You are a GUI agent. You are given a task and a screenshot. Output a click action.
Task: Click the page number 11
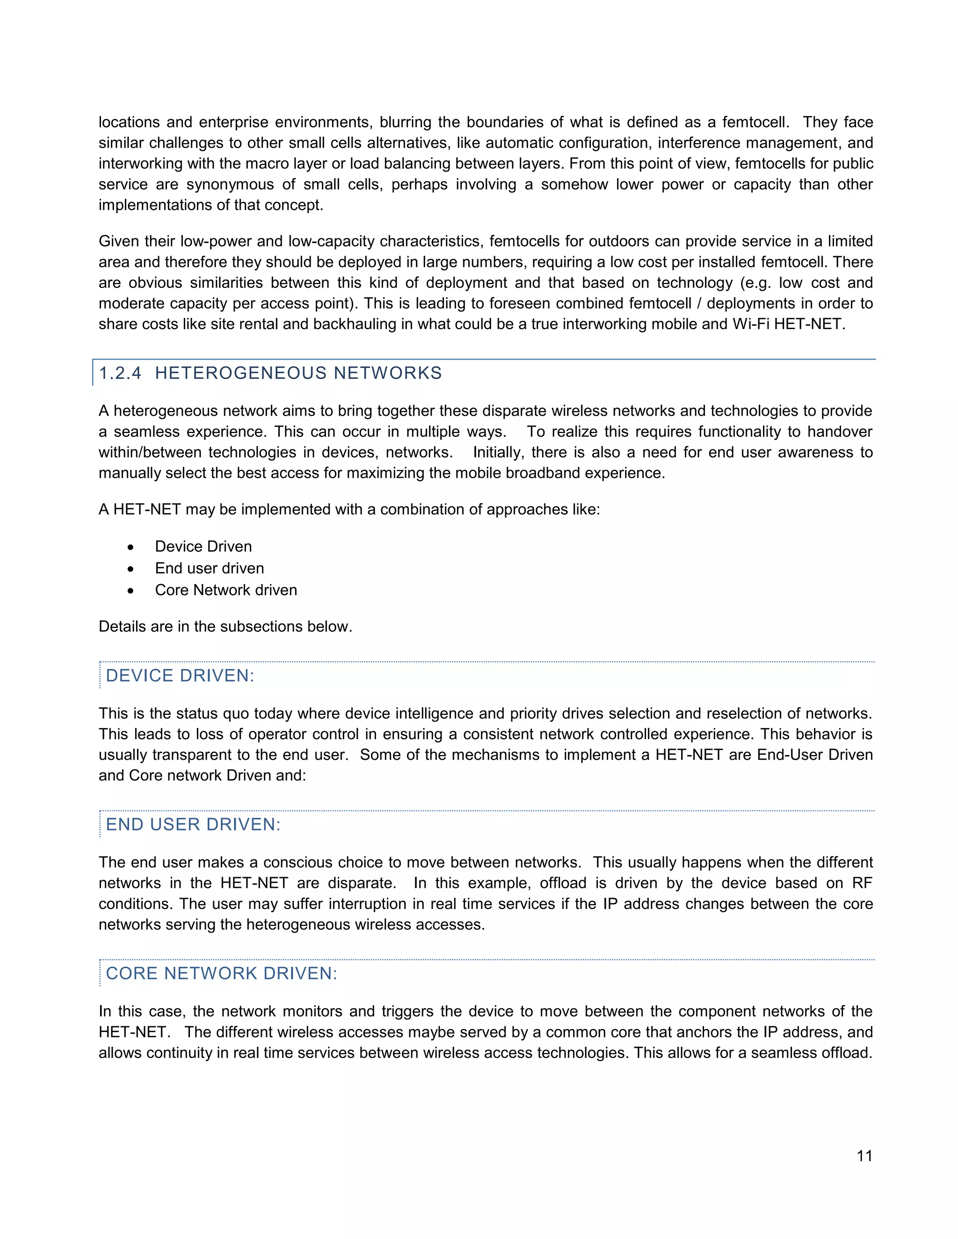(864, 1156)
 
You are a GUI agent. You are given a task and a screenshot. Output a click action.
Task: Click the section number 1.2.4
(120, 373)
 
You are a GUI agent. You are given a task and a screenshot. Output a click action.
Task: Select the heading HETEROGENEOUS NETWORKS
(298, 373)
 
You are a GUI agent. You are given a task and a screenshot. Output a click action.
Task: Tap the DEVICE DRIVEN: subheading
(180, 675)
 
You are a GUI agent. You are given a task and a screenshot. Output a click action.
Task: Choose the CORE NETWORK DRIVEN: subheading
(221, 973)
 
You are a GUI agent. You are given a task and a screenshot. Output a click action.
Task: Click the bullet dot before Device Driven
(131, 547)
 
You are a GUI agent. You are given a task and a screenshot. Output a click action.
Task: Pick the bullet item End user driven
(210, 568)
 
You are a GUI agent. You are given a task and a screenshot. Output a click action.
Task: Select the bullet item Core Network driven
(226, 590)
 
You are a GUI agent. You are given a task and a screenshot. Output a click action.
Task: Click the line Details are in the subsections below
(225, 627)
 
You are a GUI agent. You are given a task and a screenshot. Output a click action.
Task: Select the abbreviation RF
(862, 883)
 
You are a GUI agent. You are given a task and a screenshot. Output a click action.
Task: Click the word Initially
(496, 452)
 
